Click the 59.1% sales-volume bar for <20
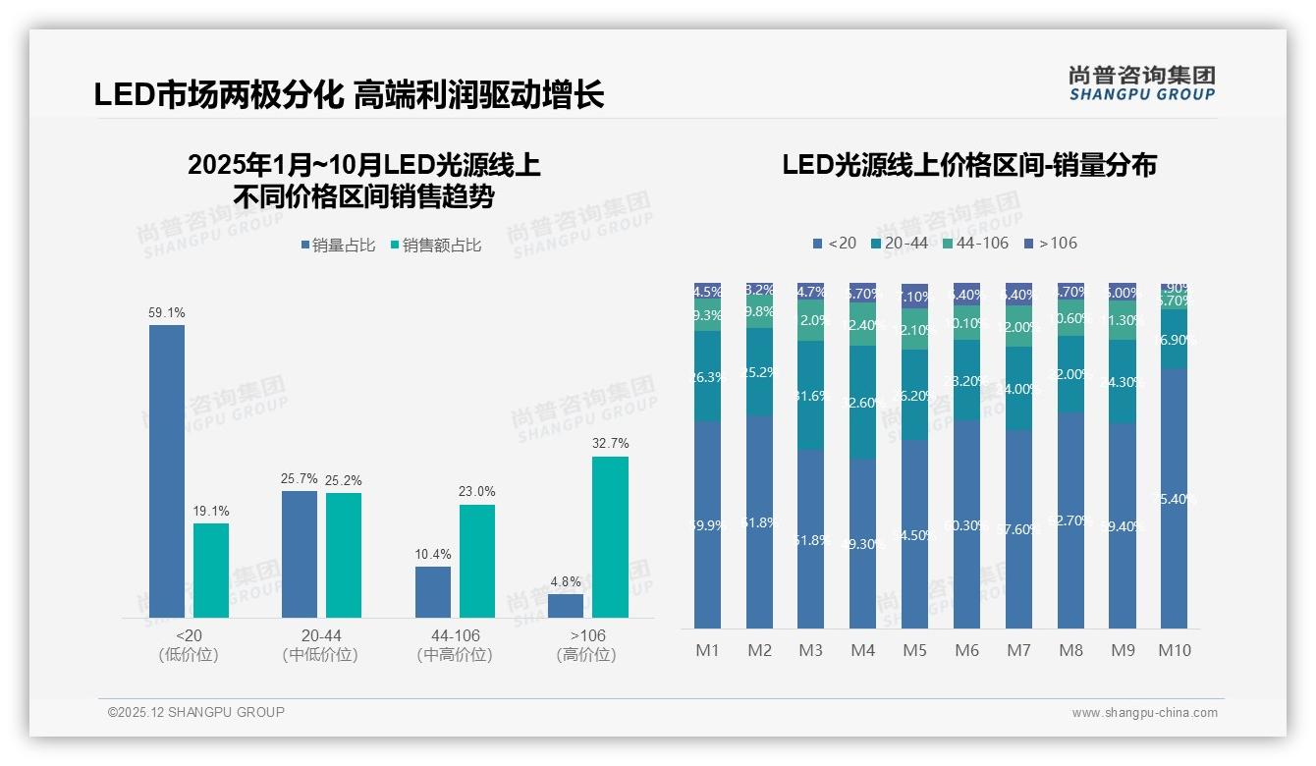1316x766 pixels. pyautogui.click(x=167, y=471)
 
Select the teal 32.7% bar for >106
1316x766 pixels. pyautogui.click(x=610, y=536)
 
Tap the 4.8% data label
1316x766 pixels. pyautogui.click(x=566, y=581)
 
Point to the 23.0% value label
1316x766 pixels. pyautogui.click(x=477, y=491)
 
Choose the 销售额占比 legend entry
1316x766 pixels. pyautogui.click(x=435, y=246)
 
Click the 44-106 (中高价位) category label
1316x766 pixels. pyautogui.click(x=455, y=645)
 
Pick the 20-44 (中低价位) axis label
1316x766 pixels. pyautogui.click(x=320, y=645)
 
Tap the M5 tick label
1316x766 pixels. pyautogui.click(x=914, y=650)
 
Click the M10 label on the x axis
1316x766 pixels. pyautogui.click(x=1175, y=650)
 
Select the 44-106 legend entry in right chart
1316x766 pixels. pyautogui.click(x=974, y=243)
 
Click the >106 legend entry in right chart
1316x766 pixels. pyautogui.click(x=1051, y=243)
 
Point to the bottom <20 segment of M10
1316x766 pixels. pyautogui.click(x=1175, y=499)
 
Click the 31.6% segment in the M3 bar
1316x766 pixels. pyautogui.click(x=810, y=395)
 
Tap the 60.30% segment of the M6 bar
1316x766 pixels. pyautogui.click(x=966, y=524)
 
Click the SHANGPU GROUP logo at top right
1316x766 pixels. pyautogui.click(x=1142, y=83)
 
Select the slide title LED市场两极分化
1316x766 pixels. pyautogui.click(x=349, y=95)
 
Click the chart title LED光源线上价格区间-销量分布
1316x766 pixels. pyautogui.click(x=968, y=165)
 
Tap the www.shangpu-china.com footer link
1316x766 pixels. pyautogui.click(x=1144, y=713)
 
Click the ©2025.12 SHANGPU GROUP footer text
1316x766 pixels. pyautogui.click(x=196, y=712)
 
